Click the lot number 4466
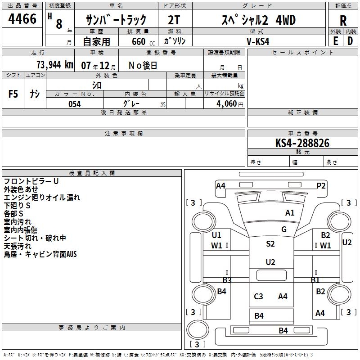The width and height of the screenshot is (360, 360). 22,19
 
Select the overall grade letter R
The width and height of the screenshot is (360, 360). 343,21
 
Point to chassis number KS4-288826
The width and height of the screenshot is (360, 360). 302,143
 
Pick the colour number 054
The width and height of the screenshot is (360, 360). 74,104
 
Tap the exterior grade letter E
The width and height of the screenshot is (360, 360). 335,41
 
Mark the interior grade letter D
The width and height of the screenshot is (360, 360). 350,41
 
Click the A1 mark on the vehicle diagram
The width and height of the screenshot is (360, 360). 290,213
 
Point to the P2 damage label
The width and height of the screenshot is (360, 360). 321,185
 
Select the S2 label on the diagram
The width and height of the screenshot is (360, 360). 270,244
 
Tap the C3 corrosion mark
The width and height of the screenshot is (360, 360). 258,296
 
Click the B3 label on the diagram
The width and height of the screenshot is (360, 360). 227,280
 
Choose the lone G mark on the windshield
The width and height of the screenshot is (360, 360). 284,229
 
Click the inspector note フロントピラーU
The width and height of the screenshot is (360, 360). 31,181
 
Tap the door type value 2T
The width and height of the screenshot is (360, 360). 174,20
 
